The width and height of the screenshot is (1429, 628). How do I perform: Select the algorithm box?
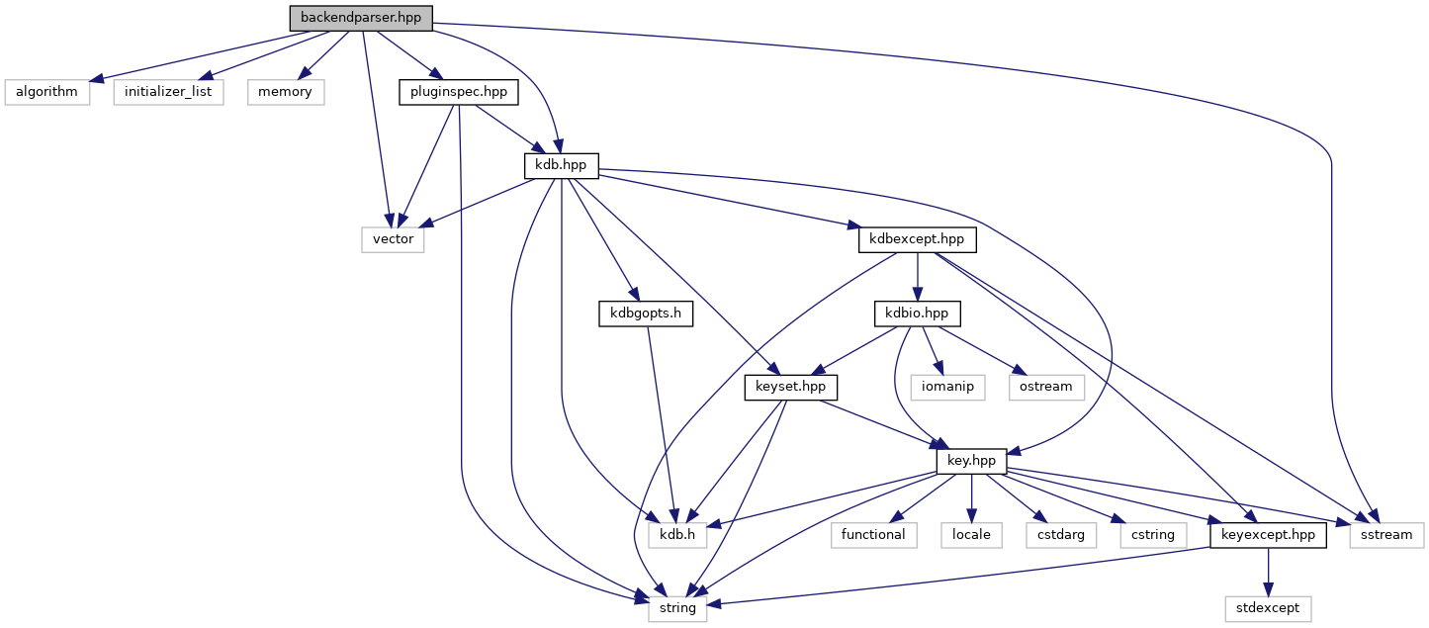point(46,92)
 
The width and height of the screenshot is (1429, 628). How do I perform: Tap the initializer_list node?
point(168,92)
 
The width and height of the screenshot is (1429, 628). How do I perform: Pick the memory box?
point(285,92)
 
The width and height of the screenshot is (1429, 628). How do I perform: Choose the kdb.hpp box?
point(562,165)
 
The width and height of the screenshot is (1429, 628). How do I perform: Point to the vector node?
point(393,239)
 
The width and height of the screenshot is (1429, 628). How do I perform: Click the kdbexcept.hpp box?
point(918,239)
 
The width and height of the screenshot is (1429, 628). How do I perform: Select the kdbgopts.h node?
point(645,314)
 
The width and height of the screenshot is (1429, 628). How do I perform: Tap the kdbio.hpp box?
point(917,314)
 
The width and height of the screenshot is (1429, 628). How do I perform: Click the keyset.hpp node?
point(790,387)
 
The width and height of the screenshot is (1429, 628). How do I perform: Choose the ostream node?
point(1044,387)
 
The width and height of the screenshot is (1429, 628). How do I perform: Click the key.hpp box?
point(971,461)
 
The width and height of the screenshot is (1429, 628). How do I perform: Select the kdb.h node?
point(677,535)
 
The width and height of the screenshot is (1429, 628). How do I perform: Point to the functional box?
point(873,535)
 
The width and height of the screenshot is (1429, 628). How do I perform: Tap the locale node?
point(972,535)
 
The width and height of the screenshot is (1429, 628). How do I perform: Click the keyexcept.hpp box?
point(1268,535)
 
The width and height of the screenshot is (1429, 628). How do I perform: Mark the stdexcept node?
point(1268,608)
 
